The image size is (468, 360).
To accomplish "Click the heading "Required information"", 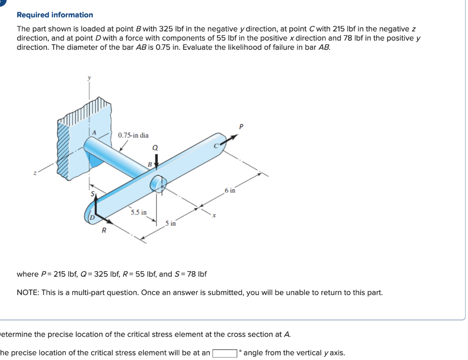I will point(55,15).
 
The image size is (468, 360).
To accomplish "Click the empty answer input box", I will point(224,353).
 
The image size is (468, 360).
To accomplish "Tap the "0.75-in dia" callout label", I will point(133,135).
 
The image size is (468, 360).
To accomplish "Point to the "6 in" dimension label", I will point(230,190).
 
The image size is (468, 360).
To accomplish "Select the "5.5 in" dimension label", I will point(138,212).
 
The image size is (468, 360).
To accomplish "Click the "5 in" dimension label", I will point(170,223).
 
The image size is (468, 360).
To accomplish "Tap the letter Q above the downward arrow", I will point(155,148).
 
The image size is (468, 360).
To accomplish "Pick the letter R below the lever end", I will point(104,231).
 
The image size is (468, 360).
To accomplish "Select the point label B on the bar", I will point(149,164).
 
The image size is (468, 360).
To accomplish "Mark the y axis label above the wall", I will point(89,78).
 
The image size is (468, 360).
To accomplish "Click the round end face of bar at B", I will point(158,184).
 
